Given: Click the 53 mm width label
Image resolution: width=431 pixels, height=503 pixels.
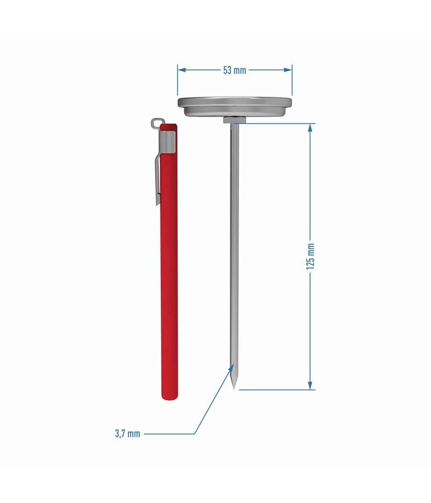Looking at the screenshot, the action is tap(235, 70).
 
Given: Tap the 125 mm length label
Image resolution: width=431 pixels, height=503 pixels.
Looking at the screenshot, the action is tap(310, 256).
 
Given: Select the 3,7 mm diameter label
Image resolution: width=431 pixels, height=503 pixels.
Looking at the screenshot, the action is tap(128, 434).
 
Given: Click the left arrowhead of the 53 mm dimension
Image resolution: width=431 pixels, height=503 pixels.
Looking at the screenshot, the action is tap(181, 69).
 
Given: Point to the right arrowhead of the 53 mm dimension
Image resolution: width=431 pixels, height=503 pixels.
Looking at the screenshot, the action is tap(288, 69).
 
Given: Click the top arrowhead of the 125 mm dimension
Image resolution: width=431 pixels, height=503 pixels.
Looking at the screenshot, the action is tap(310, 128).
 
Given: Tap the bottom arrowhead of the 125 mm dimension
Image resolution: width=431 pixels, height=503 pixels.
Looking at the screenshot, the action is tap(310, 386).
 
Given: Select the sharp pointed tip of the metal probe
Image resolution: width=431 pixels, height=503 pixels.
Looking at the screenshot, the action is tap(234, 389).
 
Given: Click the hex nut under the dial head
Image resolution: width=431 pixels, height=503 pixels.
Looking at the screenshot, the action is tap(235, 120).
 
